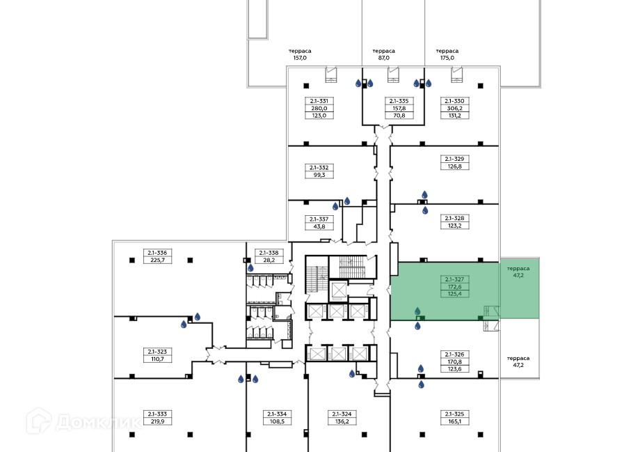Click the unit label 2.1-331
[x=319, y=101]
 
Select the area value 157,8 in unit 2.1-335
[x=399, y=108]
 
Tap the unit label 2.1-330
[x=454, y=101]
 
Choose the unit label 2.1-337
[x=319, y=219]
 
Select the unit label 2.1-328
[x=454, y=218]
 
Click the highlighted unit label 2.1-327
[x=454, y=279]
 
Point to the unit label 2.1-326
[x=454, y=354]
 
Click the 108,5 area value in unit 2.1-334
[x=276, y=421]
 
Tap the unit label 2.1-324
[x=342, y=414]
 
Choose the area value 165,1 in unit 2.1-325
[x=454, y=421]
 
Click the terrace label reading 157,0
[x=301, y=58]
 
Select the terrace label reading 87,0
[x=383, y=58]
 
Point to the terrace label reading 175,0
[x=447, y=58]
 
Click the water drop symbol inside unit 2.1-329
[x=425, y=195]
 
